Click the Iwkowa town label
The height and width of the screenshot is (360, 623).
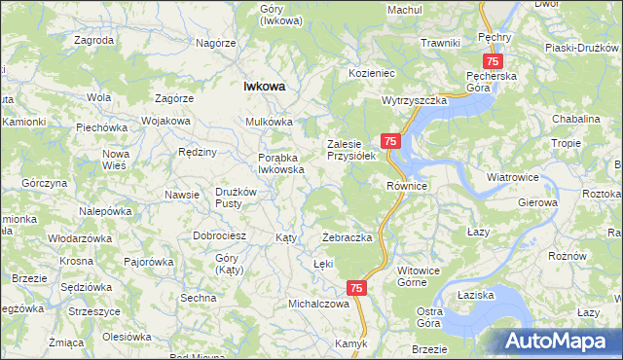pos(264,86)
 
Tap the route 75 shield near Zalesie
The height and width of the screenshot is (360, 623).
pos(389,142)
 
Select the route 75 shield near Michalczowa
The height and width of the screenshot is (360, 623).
pos(356,288)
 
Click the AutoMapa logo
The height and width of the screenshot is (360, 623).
pos(562,342)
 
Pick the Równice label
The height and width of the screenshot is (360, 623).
pos(408,185)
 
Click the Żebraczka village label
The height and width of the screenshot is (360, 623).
pos(348,238)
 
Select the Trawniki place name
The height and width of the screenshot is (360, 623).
pos(440,43)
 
